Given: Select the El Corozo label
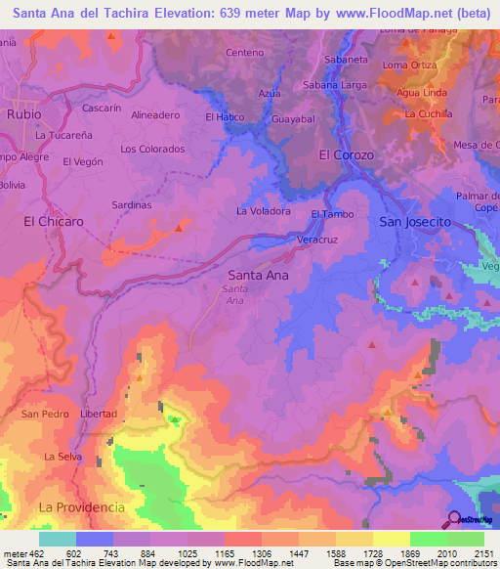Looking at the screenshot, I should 346,154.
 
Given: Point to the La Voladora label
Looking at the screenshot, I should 264,210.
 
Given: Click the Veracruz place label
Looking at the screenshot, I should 316,239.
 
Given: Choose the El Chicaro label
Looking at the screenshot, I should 54,222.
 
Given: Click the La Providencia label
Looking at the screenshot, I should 82,507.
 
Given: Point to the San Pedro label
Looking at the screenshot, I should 46,414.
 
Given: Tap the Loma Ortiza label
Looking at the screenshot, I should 409,66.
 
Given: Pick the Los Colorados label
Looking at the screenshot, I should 152,149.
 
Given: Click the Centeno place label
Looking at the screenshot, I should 244,52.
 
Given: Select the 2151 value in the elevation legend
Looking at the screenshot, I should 482,552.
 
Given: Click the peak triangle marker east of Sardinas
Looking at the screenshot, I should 178,228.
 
